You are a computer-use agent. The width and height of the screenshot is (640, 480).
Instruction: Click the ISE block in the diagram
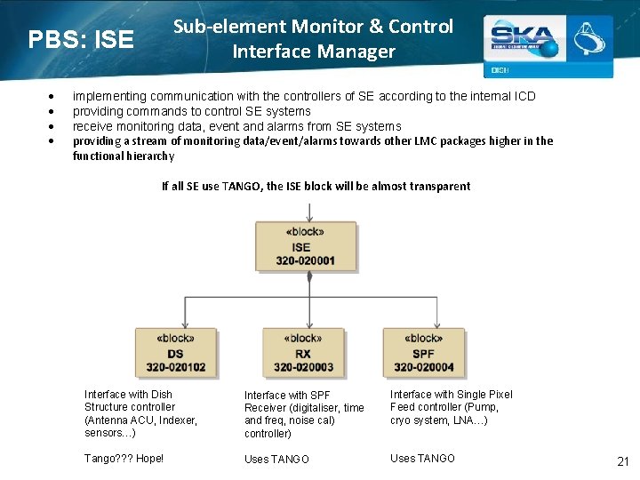305,246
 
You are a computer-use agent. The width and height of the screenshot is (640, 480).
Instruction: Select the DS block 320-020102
175,353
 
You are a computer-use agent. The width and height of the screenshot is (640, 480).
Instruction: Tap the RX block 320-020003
303,353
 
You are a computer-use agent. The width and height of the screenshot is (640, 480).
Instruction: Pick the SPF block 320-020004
423,353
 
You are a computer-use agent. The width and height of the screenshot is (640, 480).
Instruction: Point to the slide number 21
622,460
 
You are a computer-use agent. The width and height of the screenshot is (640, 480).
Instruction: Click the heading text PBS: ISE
81,40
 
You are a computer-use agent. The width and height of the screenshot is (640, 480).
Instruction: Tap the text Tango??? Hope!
124,459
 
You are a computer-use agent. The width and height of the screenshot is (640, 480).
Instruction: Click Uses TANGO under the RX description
276,460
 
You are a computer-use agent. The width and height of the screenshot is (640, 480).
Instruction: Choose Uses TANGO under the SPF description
422,459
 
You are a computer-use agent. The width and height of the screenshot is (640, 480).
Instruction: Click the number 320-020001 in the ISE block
305,260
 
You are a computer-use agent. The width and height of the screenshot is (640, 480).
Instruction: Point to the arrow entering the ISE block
308,212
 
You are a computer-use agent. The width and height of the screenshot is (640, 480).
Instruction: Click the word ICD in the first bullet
524,96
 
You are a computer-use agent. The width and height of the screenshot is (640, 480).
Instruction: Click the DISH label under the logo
500,70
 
